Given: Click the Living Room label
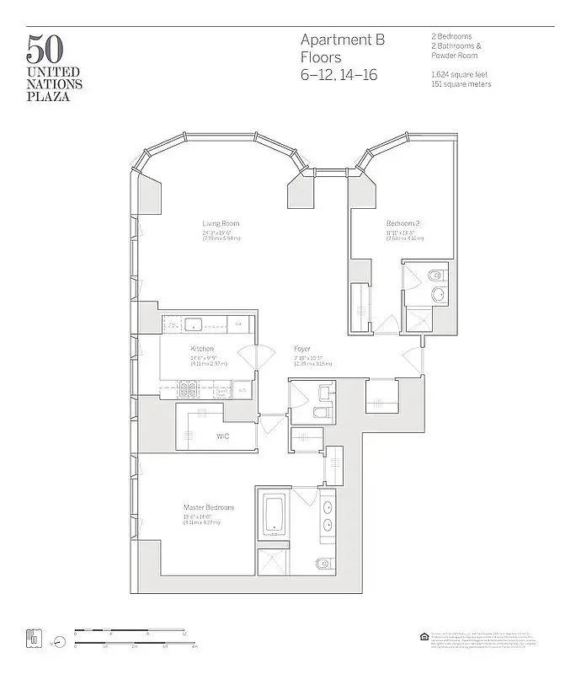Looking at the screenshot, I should pos(220,223).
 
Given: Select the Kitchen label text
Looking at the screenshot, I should pos(201,348).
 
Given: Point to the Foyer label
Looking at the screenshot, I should pos(302,348).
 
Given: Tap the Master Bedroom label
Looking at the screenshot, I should pos(208,507).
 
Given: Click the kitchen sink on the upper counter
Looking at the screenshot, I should pos(192,323).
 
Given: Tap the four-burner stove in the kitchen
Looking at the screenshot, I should pos(187,389).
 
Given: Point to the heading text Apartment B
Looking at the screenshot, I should pos(342,40).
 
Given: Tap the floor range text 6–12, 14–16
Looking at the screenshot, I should pos(339,74).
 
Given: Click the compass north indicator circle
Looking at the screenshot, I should pos(58,641).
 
